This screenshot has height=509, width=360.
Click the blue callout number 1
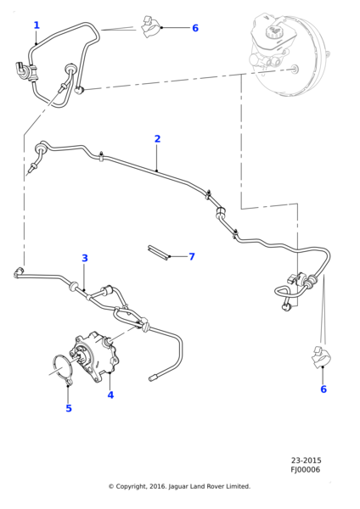(37, 25)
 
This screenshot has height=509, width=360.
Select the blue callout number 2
(157, 139)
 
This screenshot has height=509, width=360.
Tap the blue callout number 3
(85, 259)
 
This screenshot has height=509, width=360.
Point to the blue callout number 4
(110, 395)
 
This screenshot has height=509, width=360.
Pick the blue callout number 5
(69, 408)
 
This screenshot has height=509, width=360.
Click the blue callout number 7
(192, 257)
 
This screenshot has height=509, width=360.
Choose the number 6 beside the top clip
(195, 28)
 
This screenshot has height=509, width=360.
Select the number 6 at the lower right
(323, 389)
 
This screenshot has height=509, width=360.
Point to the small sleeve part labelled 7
(159, 252)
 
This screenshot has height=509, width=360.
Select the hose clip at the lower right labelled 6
(321, 357)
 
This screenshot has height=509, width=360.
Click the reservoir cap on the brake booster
(273, 31)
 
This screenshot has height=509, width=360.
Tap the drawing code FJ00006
(305, 470)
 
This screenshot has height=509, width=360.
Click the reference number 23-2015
(306, 461)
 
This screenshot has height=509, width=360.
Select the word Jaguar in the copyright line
(177, 487)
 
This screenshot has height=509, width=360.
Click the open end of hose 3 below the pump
(153, 378)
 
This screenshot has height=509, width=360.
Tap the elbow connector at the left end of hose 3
(19, 272)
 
